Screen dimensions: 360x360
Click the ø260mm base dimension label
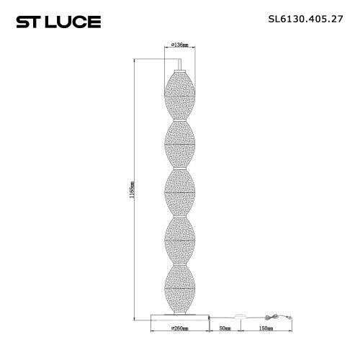180,328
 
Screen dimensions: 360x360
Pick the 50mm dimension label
225,328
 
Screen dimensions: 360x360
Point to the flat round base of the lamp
180,315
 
